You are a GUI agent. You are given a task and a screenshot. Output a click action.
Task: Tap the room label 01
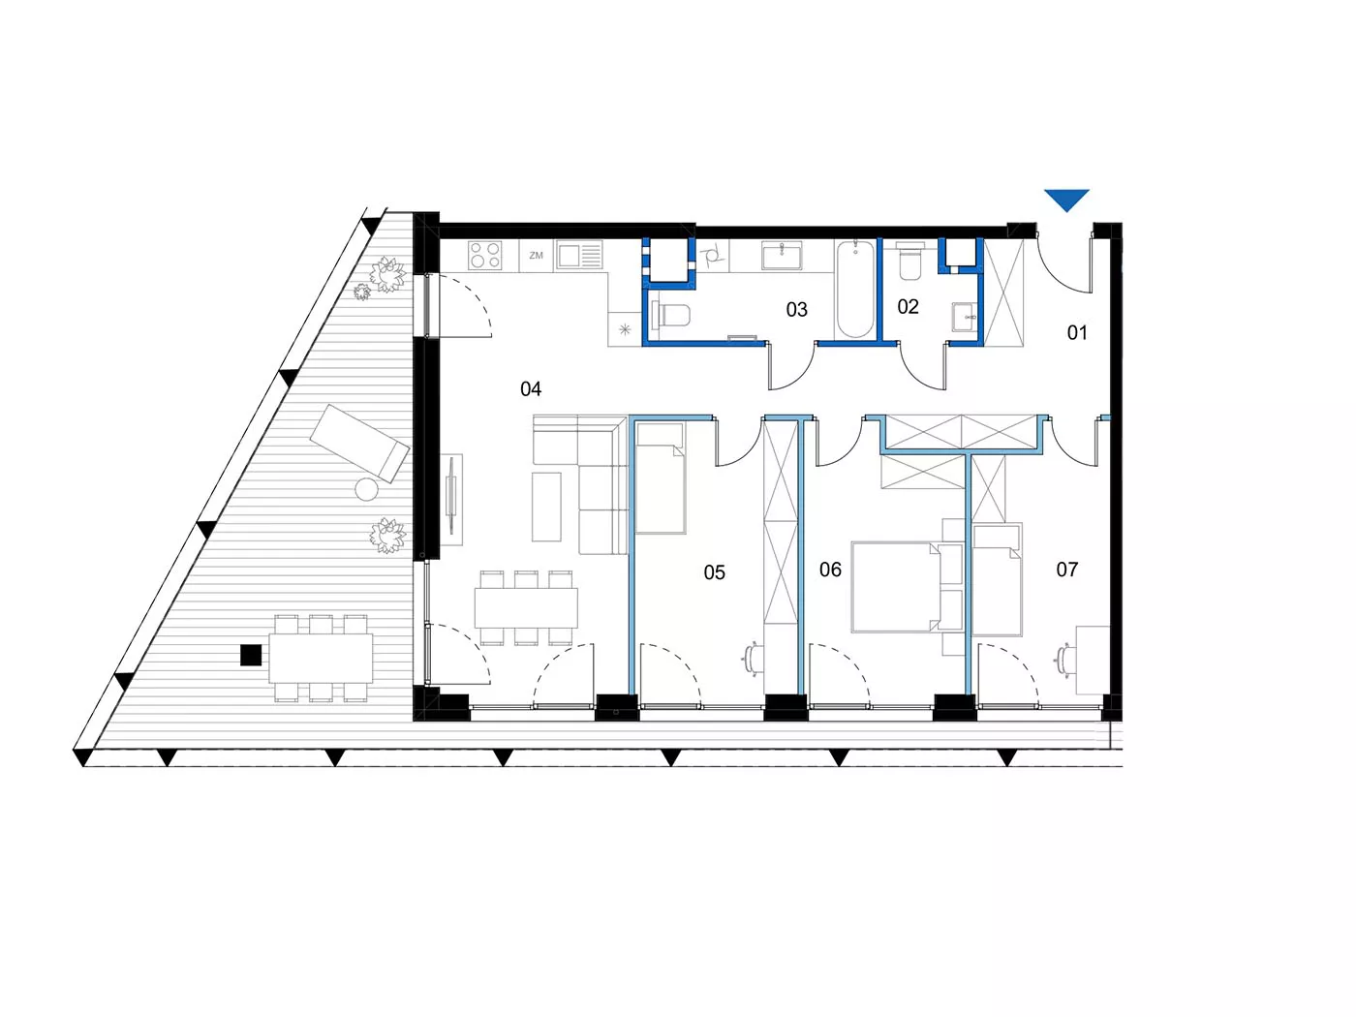pos(1077,333)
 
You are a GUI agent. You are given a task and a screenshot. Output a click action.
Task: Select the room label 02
pos(908,306)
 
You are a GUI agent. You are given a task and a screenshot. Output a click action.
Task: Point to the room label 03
pos(796,309)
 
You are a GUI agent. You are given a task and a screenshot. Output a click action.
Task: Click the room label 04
pos(531,389)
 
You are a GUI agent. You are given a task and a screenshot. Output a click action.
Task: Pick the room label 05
pos(714,572)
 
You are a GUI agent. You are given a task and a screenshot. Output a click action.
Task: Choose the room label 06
pos(830,570)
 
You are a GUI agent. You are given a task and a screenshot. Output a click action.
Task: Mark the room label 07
pos(1067,570)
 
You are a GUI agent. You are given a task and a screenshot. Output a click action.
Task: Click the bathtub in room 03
pos(855,289)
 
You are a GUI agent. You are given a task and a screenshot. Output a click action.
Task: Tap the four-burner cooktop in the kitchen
pos(484,256)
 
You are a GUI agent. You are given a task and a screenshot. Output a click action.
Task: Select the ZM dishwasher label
pos(536,255)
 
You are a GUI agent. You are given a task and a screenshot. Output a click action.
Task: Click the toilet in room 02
pos(909,262)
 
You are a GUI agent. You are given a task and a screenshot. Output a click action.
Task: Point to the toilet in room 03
pos(673,316)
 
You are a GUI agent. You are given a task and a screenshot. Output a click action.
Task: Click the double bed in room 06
pos(907,587)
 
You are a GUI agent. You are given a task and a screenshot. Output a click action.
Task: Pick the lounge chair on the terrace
pos(359,443)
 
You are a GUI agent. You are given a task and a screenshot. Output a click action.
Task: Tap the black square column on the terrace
pos(250,655)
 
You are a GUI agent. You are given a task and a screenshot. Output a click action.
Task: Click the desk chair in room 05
pos(751,660)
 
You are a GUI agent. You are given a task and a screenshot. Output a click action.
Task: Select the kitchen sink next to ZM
pos(579,255)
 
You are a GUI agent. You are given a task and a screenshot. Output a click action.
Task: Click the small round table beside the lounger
pos(366,490)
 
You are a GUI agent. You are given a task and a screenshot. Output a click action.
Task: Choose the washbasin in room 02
pos(964,317)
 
